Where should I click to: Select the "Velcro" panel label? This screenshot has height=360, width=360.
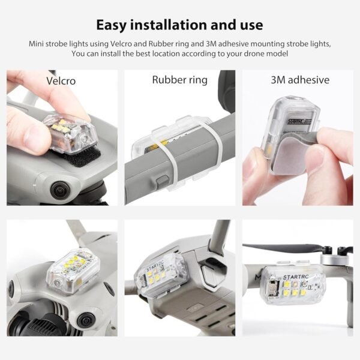(61, 80)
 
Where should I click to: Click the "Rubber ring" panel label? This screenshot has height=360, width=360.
(179, 80)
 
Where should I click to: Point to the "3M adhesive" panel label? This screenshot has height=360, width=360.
(299, 80)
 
